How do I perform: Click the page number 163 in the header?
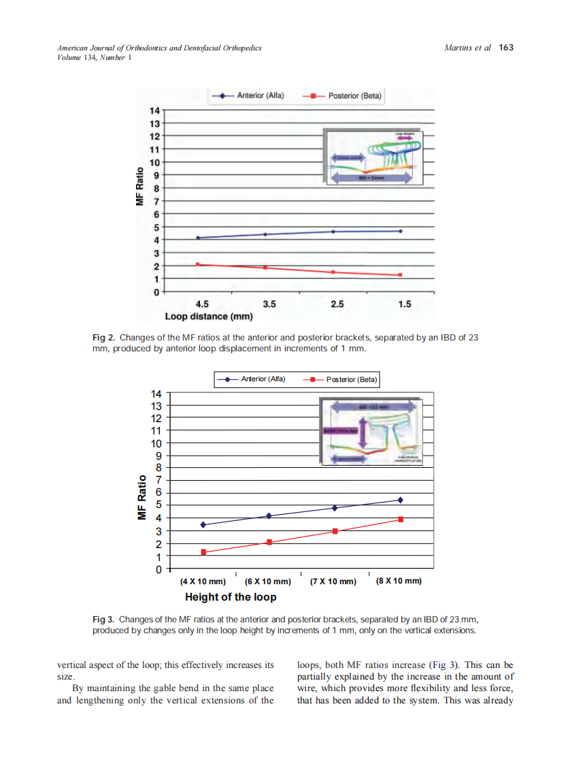(x=506, y=48)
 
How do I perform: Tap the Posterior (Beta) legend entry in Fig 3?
(x=351, y=379)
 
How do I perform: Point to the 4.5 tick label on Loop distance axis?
(x=202, y=304)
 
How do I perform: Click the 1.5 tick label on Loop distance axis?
(x=404, y=304)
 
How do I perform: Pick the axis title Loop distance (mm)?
(x=209, y=317)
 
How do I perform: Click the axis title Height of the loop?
(x=231, y=597)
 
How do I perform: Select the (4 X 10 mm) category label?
(x=203, y=582)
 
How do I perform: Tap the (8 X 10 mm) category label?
(x=399, y=581)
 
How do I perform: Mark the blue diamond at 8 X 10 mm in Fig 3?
(x=401, y=500)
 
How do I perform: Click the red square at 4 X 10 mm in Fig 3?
(x=203, y=552)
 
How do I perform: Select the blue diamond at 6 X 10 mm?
(x=269, y=516)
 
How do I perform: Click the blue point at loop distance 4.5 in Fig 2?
(x=198, y=238)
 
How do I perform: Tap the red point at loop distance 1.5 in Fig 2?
(x=401, y=275)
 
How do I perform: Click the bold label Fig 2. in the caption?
(x=103, y=338)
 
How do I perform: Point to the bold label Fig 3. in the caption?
(x=103, y=619)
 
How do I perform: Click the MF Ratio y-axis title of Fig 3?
(x=143, y=497)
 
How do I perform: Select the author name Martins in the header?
(x=458, y=48)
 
